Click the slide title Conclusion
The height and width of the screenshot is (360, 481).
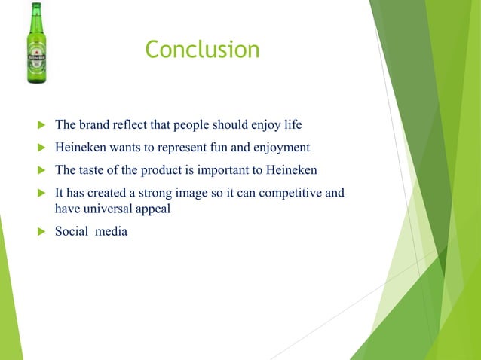(x=202, y=50)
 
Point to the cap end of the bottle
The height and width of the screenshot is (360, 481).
(x=36, y=6)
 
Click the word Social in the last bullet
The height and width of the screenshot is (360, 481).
(x=73, y=231)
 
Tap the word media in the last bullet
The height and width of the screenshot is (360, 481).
(x=111, y=231)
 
